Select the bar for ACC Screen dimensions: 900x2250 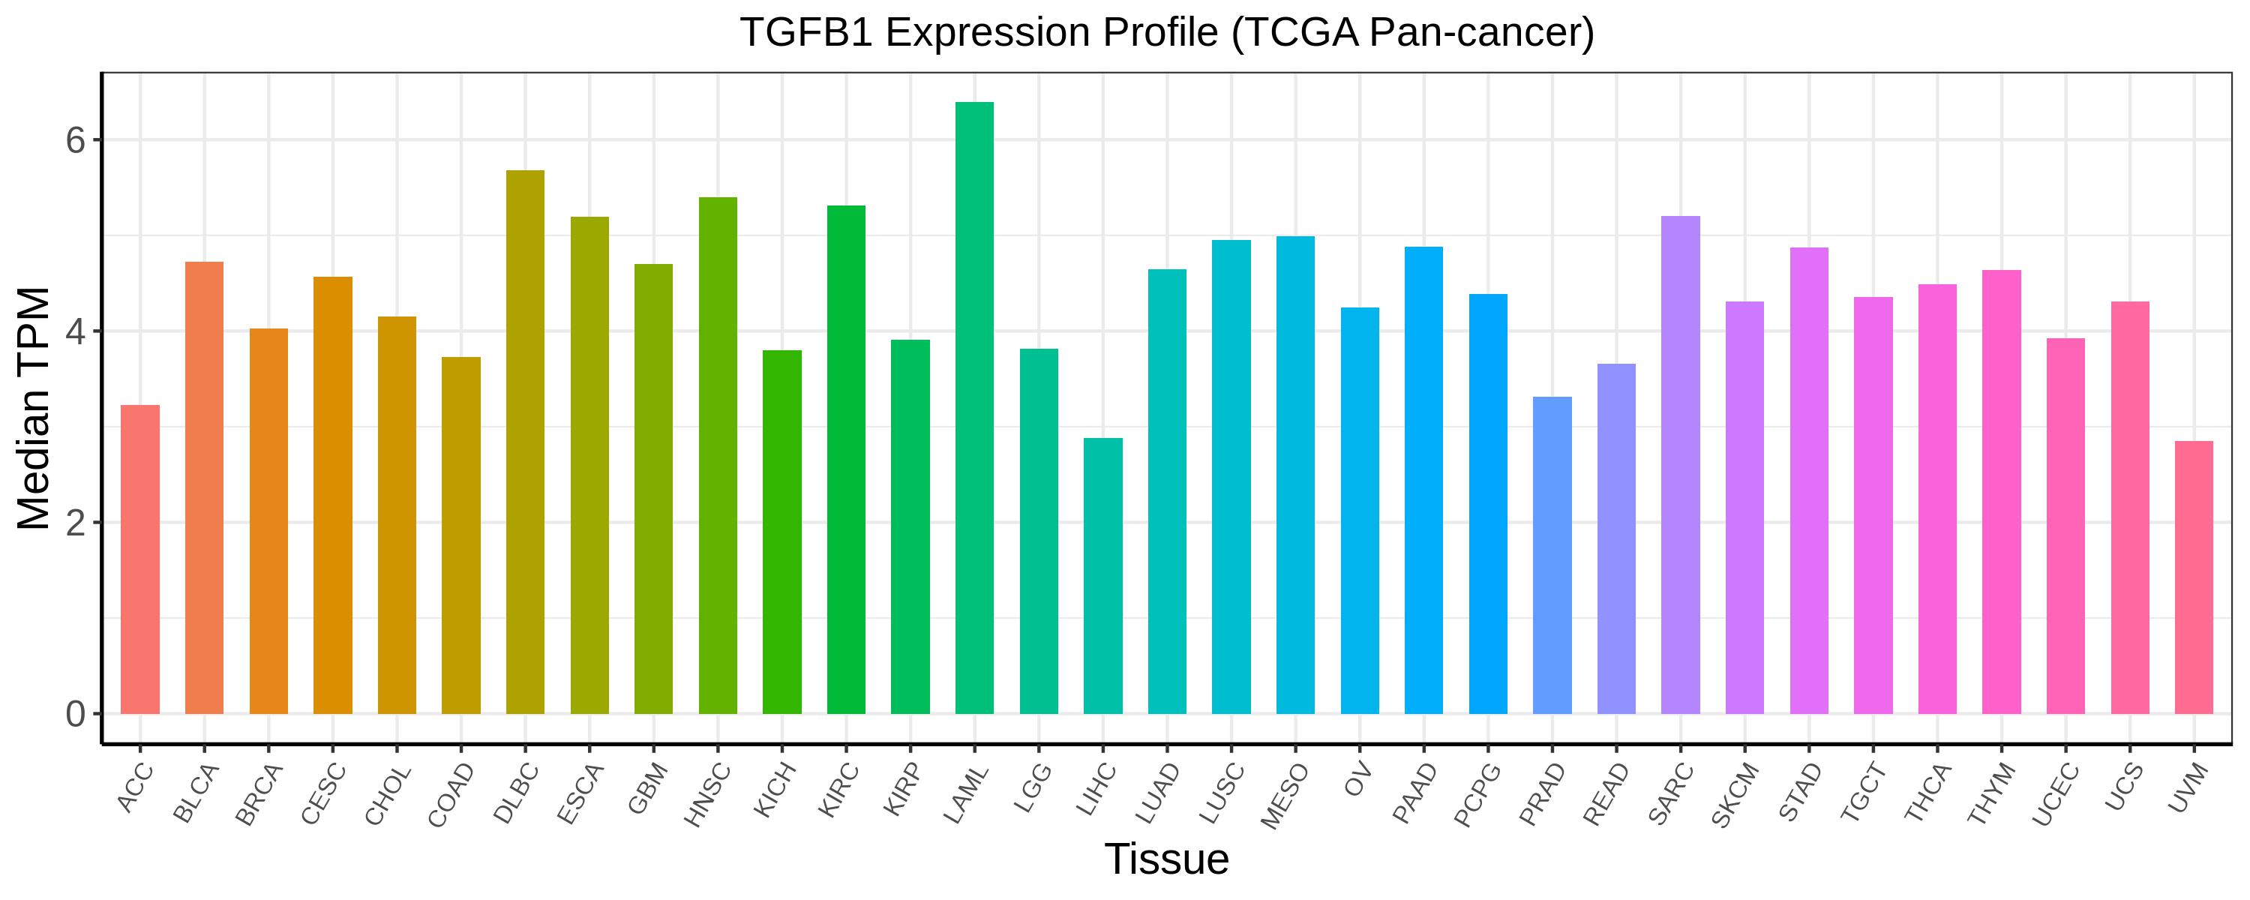[139, 559]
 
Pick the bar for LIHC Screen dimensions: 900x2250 [1102, 576]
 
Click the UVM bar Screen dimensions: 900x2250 [2193, 577]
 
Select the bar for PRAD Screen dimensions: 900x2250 [1552, 556]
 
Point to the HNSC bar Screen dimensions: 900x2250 [717, 455]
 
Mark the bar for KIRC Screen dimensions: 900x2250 [845, 460]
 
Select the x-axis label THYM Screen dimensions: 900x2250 [1991, 794]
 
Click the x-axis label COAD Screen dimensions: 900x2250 [451, 795]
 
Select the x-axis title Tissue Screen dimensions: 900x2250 [1166, 859]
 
